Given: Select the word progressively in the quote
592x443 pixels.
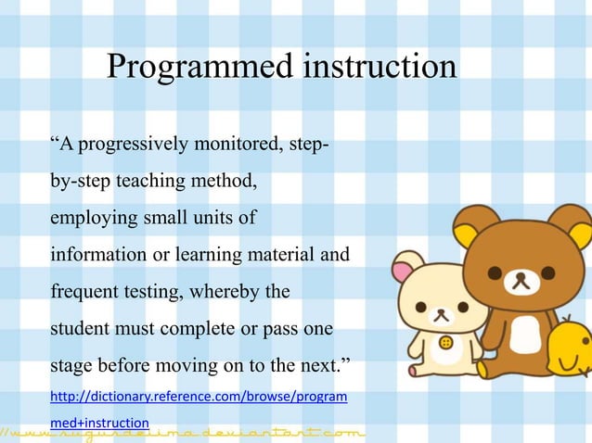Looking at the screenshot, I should pyautogui.click(x=129, y=146).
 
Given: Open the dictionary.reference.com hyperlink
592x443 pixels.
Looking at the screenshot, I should pyautogui.click(x=199, y=398).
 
